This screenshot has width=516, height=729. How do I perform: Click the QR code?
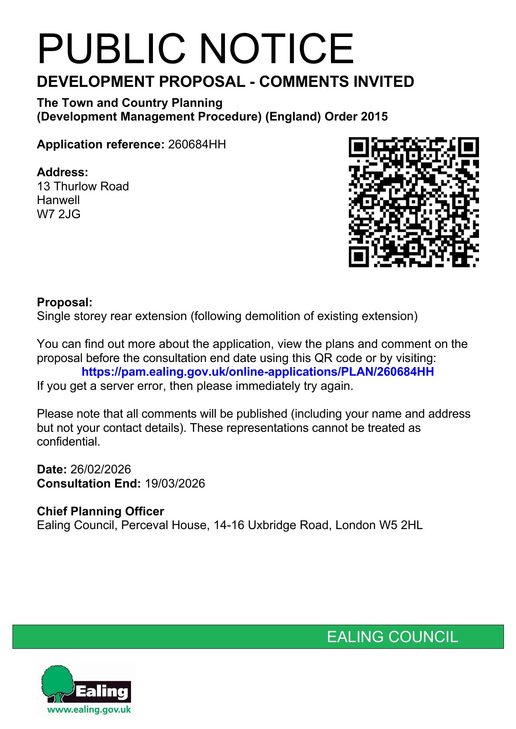pos(413,202)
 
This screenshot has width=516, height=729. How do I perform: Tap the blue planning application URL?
pos(258,372)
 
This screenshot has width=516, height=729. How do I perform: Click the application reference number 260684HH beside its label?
pos(197,145)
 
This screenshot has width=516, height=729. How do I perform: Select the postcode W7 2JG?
pos(59,214)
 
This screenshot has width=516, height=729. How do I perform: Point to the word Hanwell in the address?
pos(58,200)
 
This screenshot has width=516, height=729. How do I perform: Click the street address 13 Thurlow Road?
pos(83,186)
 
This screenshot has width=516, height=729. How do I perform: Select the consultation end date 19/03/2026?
pos(175,484)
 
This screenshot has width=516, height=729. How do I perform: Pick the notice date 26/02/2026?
pos(101,470)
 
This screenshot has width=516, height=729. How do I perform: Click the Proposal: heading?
pos(64,302)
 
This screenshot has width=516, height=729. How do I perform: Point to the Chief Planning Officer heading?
pos(100,511)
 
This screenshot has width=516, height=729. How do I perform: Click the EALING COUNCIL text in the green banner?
pos(392,637)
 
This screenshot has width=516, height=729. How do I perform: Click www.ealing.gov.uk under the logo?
pos(89,710)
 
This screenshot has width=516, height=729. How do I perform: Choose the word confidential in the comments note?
pos(68,442)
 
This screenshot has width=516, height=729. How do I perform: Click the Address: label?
pos(62,172)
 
